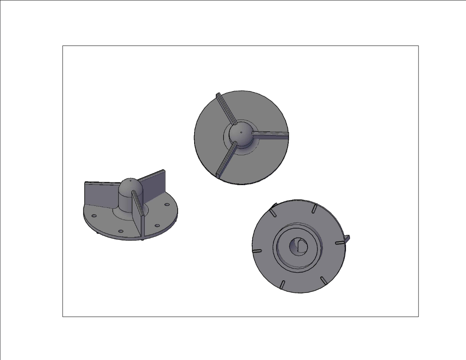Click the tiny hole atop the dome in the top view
pyautogui.click(x=241, y=132)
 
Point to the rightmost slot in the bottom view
pyautogui.click(x=340, y=244)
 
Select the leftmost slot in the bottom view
pyautogui.click(x=257, y=250)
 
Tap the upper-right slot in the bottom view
pyautogui.click(x=314, y=209)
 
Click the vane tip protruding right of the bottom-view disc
pyautogui.click(x=347, y=238)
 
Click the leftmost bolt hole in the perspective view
pyautogui.click(x=94, y=216)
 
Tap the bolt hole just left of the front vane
pyautogui.click(x=121, y=232)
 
